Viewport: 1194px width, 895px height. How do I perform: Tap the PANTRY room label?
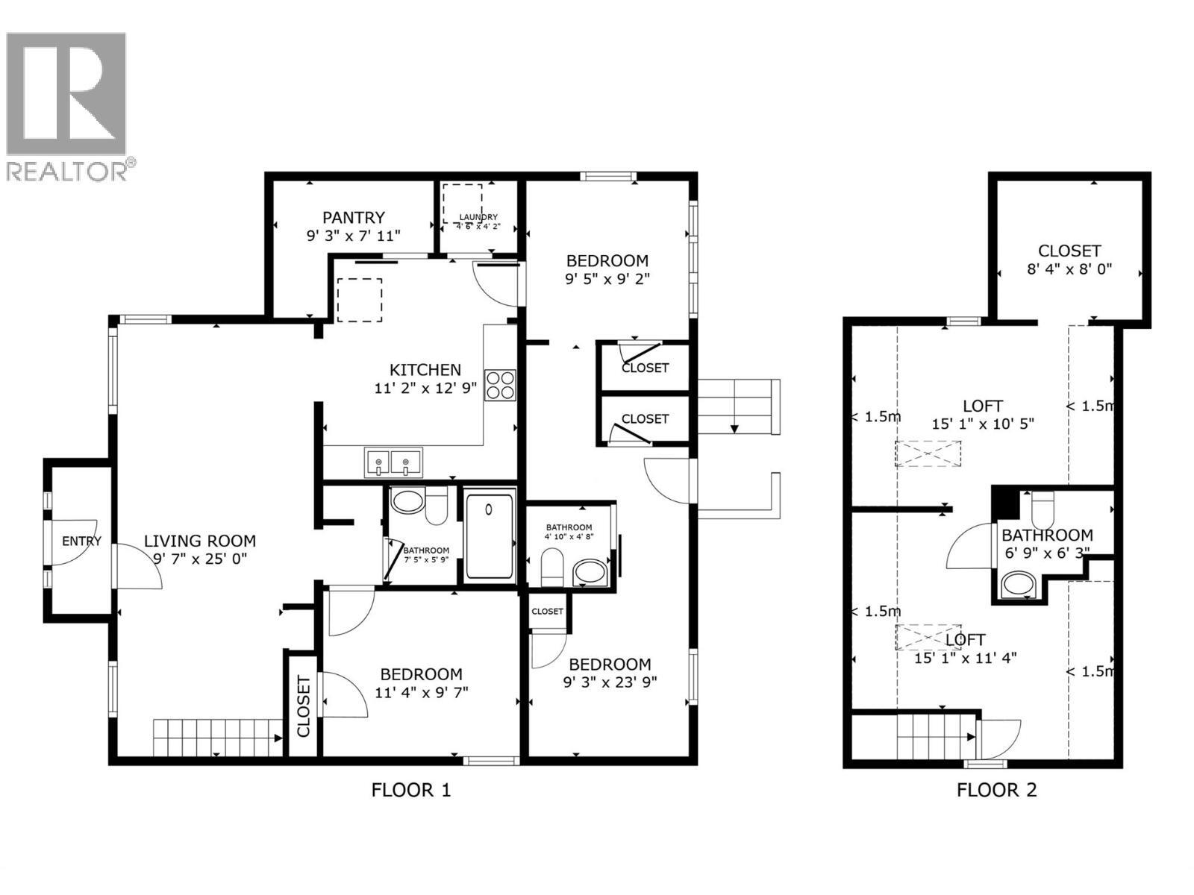tap(353, 217)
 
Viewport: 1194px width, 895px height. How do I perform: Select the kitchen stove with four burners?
tap(500, 385)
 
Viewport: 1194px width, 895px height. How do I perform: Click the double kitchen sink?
tap(393, 462)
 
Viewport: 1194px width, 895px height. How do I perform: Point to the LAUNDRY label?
tap(478, 217)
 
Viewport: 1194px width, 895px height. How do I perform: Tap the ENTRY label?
tap(81, 541)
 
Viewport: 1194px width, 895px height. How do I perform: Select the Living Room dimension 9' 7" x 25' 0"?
tap(200, 559)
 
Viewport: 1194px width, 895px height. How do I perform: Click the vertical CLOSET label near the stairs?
tap(303, 706)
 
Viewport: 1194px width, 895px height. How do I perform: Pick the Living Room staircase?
tap(216, 737)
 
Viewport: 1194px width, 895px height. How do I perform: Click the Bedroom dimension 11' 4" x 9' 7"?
tap(421, 692)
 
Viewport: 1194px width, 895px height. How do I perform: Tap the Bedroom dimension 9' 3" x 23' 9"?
tap(610, 682)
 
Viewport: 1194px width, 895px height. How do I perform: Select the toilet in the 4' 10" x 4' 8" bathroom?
tap(551, 566)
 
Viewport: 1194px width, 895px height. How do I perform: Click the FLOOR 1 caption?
tap(410, 790)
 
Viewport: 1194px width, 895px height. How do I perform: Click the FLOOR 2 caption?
tap(996, 790)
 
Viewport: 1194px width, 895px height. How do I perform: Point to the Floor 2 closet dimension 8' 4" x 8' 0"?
tap(1069, 268)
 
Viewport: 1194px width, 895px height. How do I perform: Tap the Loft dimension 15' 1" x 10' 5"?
tap(982, 424)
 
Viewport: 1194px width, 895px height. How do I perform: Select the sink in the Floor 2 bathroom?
tap(1016, 583)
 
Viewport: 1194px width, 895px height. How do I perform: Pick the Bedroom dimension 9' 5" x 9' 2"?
tap(607, 279)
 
